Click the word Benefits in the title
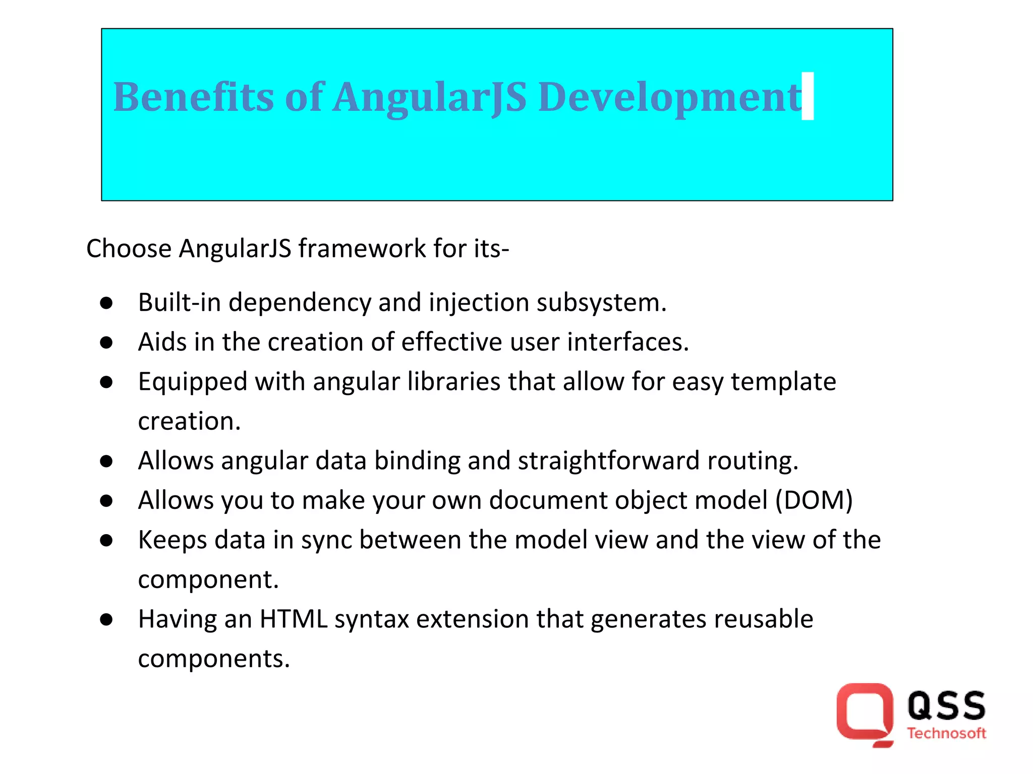[x=193, y=97]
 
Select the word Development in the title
[x=669, y=97]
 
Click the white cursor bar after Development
[x=808, y=96]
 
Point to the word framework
[x=362, y=248]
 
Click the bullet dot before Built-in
[x=106, y=303]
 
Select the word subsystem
[x=601, y=302]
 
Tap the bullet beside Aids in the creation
[x=106, y=343]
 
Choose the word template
[x=783, y=381]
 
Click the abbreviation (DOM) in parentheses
[x=814, y=500]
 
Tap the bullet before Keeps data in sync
[x=106, y=541]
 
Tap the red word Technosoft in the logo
[x=946, y=734]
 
